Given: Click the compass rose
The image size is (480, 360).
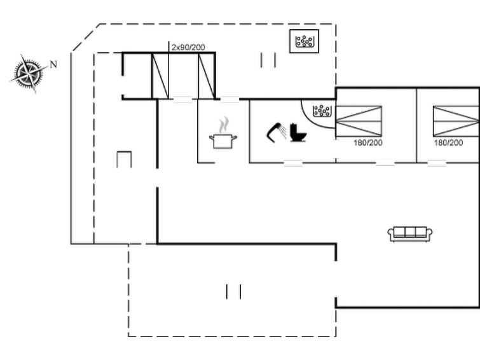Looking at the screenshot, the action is [x=29, y=74].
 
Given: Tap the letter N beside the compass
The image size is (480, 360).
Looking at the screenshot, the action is [x=53, y=64].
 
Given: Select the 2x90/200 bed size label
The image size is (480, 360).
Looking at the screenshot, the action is [x=188, y=47].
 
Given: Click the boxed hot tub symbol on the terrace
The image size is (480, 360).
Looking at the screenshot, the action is [x=304, y=41].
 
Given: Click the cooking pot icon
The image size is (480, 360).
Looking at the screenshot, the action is [x=223, y=141].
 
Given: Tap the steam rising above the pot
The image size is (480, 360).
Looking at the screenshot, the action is [x=224, y=125].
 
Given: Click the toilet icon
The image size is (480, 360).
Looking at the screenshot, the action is [x=298, y=132].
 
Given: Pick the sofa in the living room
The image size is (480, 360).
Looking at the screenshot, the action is [x=410, y=234].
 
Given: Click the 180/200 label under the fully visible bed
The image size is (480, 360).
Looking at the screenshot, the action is [x=368, y=142].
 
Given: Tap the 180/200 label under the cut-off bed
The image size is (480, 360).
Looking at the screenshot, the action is [x=448, y=142].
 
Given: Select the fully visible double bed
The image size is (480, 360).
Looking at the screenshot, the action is [x=359, y=121].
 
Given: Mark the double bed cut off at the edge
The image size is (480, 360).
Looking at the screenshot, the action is [x=456, y=121].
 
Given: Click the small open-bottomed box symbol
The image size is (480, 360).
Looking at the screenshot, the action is [x=124, y=159].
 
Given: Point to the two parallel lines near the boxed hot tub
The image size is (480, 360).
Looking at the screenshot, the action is [x=268, y=60].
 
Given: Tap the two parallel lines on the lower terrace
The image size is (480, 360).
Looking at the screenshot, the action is [x=233, y=291].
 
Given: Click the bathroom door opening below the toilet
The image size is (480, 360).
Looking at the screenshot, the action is [x=293, y=163].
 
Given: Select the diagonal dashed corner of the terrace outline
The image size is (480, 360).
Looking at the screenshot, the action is [x=85, y=37].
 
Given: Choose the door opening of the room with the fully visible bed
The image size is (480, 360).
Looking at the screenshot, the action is [x=385, y=163].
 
